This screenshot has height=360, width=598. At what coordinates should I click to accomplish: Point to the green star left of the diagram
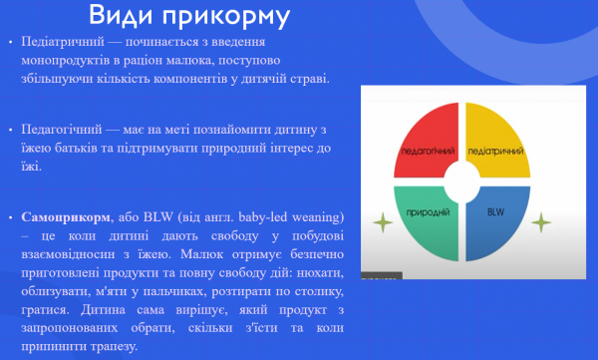(x=380, y=220)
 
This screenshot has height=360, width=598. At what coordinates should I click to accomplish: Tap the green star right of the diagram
(x=540, y=220)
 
